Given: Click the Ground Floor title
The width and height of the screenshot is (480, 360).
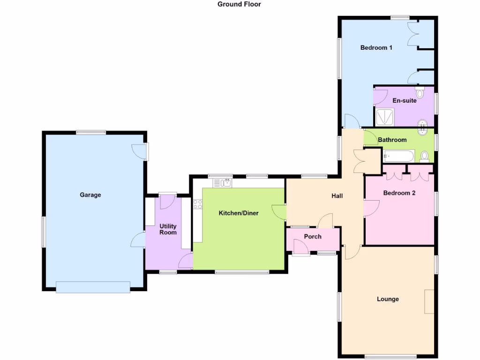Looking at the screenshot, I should [239, 4].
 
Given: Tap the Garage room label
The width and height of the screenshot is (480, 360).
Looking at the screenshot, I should [90, 195].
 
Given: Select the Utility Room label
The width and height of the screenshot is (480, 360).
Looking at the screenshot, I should [168, 229].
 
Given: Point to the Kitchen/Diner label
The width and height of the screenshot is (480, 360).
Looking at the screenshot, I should [239, 213].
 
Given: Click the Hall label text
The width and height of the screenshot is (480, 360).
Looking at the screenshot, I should [337, 196].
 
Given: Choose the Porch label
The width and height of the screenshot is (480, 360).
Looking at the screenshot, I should [313, 237].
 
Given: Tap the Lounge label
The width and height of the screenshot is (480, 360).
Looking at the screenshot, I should [388, 299].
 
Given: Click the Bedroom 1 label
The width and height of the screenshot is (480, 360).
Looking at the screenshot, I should [376, 47].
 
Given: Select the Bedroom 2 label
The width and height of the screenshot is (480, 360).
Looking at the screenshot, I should [399, 193].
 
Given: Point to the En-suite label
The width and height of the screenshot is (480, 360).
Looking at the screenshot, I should [404, 100].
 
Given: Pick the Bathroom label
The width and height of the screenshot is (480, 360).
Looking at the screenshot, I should [392, 140].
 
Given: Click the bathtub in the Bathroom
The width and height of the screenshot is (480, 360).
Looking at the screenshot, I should [399, 156].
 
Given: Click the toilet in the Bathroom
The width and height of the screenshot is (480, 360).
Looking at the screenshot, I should [425, 156].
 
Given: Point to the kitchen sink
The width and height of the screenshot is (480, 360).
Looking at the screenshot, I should [225, 182].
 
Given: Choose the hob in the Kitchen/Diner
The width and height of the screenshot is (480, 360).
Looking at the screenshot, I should [198, 204].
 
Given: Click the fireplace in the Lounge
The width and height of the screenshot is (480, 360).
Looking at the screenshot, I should [429, 301].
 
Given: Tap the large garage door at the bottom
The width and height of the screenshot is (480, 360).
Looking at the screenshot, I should [93, 287].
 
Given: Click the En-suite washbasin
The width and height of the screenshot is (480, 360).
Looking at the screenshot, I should [423, 125].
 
